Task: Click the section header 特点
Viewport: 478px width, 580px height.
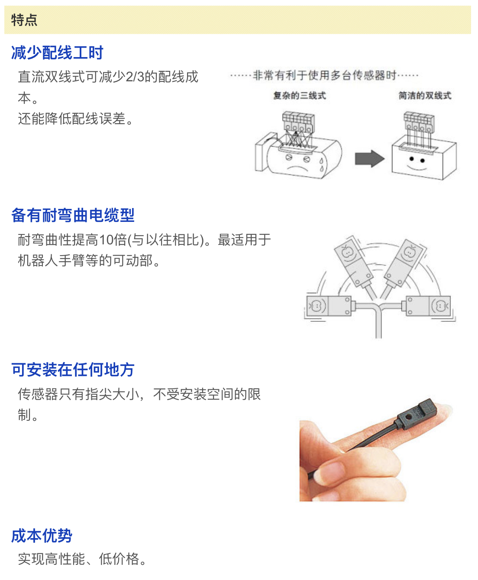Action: point(24,20)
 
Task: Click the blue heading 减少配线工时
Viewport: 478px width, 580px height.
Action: point(57,52)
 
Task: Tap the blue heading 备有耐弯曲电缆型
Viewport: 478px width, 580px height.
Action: point(73,215)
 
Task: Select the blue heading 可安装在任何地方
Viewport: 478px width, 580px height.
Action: point(73,369)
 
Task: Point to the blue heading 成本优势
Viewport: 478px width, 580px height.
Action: point(42,535)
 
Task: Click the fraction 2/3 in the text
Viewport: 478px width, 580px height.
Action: point(135,77)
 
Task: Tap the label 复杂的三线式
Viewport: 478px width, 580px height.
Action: point(300,96)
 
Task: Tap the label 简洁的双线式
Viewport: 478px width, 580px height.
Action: point(425,96)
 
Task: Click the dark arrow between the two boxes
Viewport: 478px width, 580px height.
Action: point(369,159)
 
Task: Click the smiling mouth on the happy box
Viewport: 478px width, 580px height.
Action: point(417,168)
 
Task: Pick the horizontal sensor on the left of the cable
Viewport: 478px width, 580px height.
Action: point(329,306)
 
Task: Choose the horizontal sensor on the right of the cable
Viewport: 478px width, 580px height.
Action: point(429,306)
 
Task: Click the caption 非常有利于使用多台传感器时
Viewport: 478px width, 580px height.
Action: point(324,75)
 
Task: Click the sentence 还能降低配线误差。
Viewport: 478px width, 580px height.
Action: point(76,119)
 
